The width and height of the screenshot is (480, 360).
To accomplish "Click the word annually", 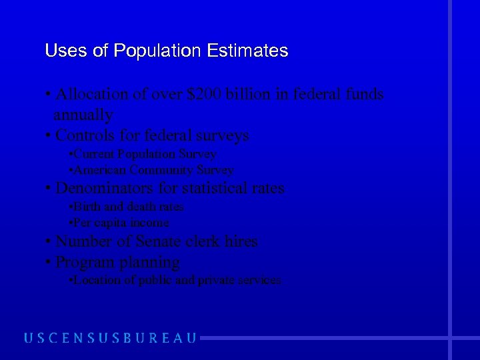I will pos(83,115).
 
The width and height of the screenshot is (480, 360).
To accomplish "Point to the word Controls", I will pos(83,135).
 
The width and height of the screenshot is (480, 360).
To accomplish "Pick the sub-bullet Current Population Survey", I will pos(143,154).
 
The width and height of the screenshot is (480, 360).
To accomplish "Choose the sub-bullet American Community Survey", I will pos(152,170).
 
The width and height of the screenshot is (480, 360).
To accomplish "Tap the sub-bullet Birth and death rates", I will pos(127,207).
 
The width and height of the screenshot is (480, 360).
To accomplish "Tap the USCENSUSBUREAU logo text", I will pos(111,337).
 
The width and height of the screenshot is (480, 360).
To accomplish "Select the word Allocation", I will pos(93,95).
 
